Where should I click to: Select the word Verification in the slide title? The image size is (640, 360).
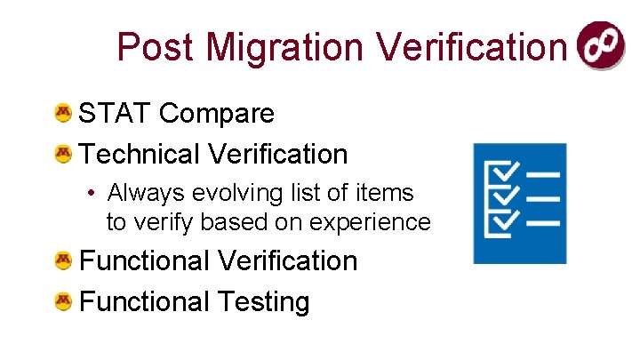[471, 46]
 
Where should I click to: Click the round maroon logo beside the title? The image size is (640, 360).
[601, 45]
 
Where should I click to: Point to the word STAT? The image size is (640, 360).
[116, 113]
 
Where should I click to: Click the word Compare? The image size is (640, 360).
[218, 113]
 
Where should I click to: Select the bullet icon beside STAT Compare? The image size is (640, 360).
[63, 113]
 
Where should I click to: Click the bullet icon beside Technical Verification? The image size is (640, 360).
[63, 154]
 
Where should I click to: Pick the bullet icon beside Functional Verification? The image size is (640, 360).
[63, 260]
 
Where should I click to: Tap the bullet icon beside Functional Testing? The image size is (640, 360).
[63, 301]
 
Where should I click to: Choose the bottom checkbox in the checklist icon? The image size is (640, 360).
[505, 219]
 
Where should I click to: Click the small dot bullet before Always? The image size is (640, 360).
[92, 193]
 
